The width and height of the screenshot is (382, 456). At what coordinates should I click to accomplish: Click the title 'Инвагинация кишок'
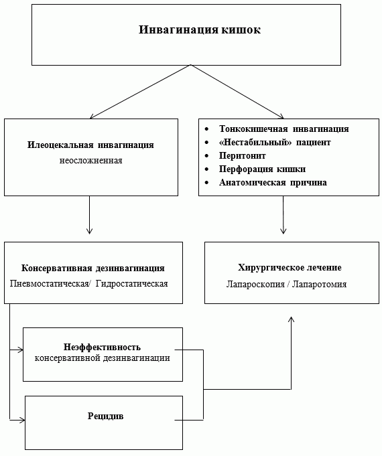coord(200,29)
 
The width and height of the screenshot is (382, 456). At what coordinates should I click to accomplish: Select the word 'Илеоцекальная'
coord(60,145)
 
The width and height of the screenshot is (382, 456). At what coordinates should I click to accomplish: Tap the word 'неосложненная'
coord(91,161)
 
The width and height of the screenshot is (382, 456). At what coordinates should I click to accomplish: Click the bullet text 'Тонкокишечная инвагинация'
coord(284,129)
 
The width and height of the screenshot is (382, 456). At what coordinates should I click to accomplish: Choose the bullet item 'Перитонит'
coord(242,156)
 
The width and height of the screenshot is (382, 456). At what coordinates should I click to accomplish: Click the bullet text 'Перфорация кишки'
coord(262,169)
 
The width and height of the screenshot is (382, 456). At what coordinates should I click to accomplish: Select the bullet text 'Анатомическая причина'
coord(273,183)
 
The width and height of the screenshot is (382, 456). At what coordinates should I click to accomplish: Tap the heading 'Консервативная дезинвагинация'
coord(93,268)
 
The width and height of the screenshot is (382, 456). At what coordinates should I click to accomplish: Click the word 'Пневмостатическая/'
coord(49,283)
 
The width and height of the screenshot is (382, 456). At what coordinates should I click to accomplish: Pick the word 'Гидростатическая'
coord(131,283)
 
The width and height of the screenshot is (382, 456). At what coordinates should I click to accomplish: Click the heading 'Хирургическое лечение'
coord(290,268)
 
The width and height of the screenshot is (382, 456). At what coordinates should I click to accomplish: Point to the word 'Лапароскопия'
coord(255,284)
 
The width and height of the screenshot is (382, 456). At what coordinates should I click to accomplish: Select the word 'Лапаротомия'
coord(320,284)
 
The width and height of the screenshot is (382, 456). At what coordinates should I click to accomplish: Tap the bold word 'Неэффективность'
coord(102,347)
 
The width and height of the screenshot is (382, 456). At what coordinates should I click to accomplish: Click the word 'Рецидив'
coord(106,416)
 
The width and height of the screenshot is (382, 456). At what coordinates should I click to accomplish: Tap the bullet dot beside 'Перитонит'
coord(206,156)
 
